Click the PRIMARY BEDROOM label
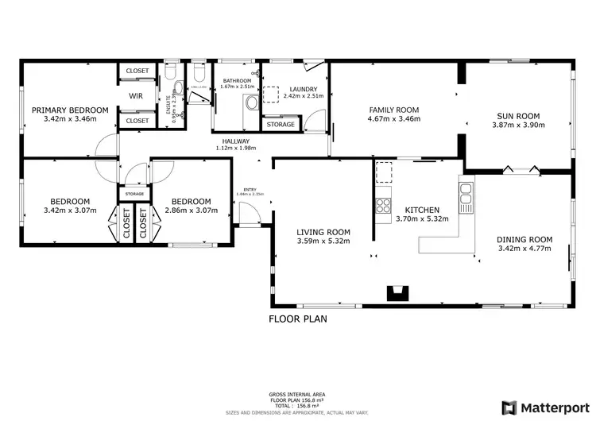point(70,110)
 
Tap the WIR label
point(136,96)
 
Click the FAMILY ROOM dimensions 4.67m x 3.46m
point(393,119)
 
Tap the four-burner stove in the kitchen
point(384,203)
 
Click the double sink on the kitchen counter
point(465,192)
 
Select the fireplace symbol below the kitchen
point(395,293)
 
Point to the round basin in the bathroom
point(251,102)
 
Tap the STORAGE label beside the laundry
point(280,125)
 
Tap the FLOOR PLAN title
point(297,319)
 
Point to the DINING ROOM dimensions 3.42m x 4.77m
point(524,248)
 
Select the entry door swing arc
point(248,213)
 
